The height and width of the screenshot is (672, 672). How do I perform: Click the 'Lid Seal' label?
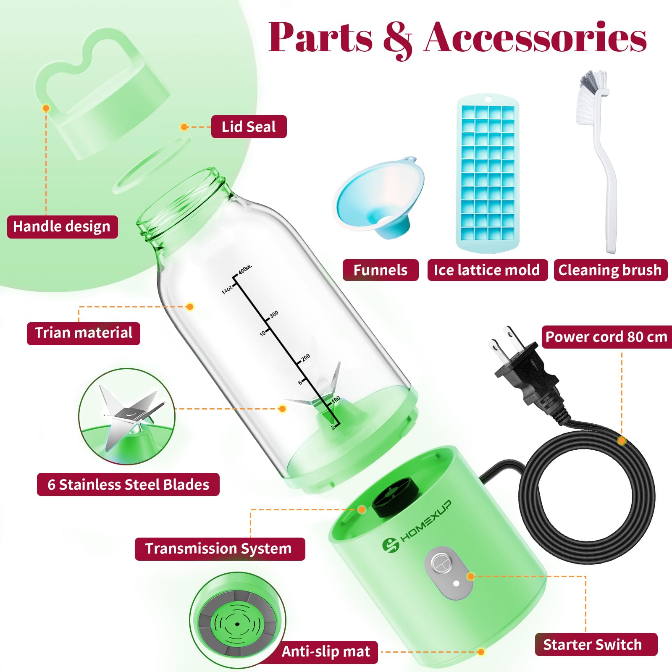[x=249, y=127]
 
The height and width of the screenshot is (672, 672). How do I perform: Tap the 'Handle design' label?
[x=62, y=227]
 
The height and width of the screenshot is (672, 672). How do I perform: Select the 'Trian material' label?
[x=83, y=333]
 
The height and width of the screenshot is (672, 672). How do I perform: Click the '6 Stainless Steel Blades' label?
[x=128, y=485]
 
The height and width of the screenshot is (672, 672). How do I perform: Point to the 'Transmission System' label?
[x=220, y=549]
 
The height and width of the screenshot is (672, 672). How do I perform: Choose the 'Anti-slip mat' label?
[x=326, y=652]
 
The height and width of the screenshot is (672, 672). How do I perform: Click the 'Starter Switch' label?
[x=596, y=644]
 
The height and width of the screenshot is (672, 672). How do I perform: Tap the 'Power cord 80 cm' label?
[x=606, y=337]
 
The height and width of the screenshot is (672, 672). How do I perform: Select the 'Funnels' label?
[x=381, y=270]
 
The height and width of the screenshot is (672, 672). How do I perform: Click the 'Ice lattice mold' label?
[x=487, y=270]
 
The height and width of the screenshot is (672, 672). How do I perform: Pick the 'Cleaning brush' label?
[x=610, y=270]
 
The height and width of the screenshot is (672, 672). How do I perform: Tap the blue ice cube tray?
[x=488, y=173]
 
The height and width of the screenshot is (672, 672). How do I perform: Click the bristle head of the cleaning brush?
[x=591, y=97]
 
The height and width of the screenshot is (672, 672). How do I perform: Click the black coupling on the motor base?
[x=395, y=497]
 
